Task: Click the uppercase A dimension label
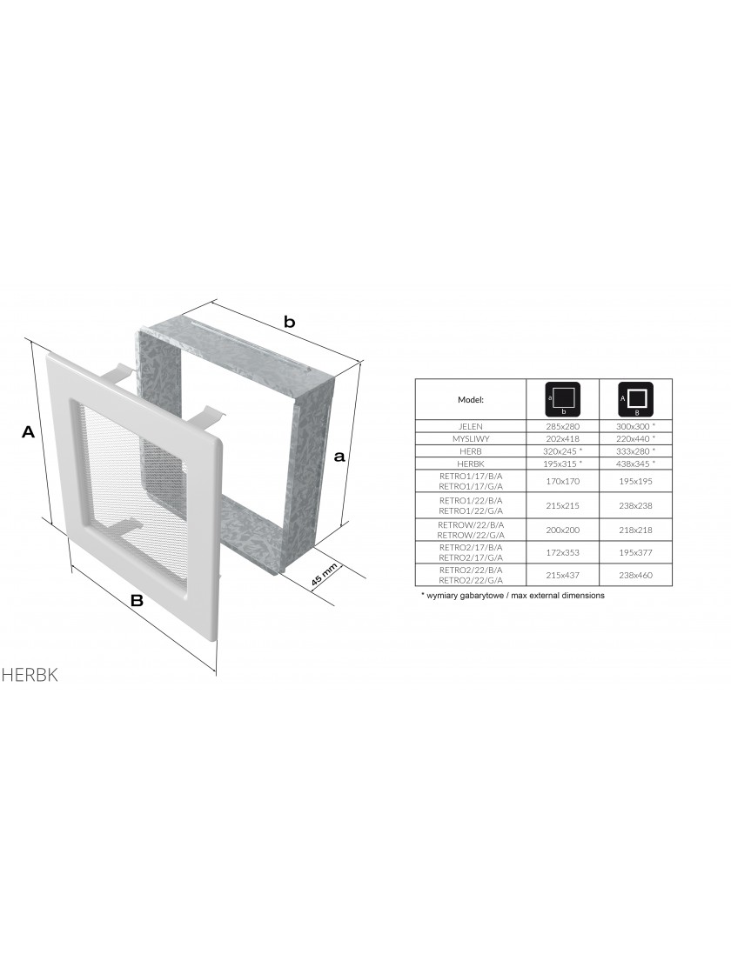tap(28, 431)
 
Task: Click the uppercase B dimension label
tap(137, 600)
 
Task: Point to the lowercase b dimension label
tap(289, 322)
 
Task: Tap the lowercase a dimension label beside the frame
tap(339, 457)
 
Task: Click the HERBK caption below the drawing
tap(30, 675)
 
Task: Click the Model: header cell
tap(471, 399)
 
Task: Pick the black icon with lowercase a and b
tap(562, 399)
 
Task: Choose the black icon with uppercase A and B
tap(635, 399)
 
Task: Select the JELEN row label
tap(471, 427)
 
